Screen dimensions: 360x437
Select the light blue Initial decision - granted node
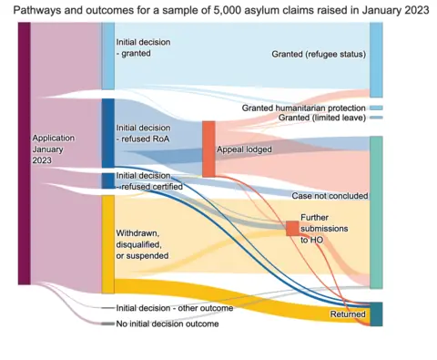tap(107, 56)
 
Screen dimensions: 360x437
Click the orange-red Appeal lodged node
tap(208, 149)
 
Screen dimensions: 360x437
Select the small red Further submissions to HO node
tap(291, 228)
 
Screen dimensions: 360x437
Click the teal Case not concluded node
tap(376, 211)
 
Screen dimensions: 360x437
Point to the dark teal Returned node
tap(376, 314)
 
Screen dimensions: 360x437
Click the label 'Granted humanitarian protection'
tap(304, 108)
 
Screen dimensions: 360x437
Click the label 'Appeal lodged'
tap(244, 149)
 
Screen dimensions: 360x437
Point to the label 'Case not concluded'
tap(330, 195)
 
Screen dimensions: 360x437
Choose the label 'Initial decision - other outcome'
tap(174, 308)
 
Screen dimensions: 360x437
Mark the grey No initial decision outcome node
tap(107, 324)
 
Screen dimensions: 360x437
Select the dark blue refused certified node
tap(107, 180)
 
